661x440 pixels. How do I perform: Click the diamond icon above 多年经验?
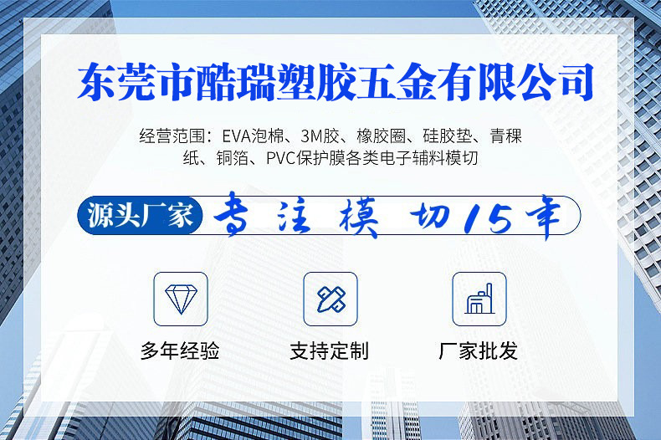[x=180, y=299]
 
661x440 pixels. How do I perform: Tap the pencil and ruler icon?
[x=330, y=299]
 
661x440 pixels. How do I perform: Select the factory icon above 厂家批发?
[x=479, y=299]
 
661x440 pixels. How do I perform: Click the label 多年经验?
[x=180, y=350]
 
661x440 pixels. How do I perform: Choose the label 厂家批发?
[x=479, y=350]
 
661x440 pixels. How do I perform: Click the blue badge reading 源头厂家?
[x=141, y=216]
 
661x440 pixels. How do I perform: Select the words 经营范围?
[x=171, y=136]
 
